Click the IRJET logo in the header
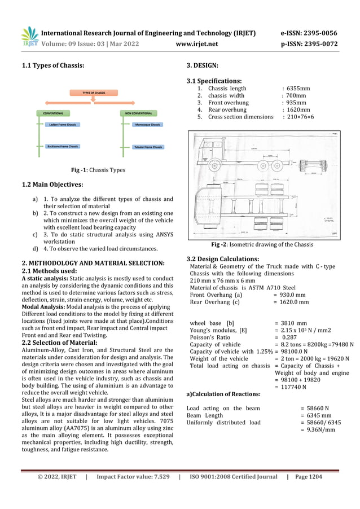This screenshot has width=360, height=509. (29, 37)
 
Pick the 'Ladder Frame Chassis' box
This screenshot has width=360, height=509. (62, 124)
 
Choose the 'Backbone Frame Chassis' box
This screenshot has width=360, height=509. (62, 146)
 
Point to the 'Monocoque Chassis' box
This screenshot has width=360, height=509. (147, 124)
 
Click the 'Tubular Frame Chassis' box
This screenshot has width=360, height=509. (148, 147)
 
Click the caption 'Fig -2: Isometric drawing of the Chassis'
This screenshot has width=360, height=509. (262, 244)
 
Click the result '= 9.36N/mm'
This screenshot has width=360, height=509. (317, 429)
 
